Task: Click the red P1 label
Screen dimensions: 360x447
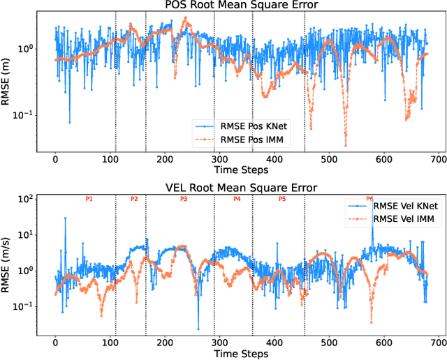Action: point(89,200)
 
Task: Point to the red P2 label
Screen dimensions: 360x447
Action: point(134,200)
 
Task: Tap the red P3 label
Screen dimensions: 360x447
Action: point(184,200)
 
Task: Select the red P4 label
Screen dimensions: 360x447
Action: point(237,200)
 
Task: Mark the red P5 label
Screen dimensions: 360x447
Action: point(282,200)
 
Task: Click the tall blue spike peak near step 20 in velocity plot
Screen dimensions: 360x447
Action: point(66,218)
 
